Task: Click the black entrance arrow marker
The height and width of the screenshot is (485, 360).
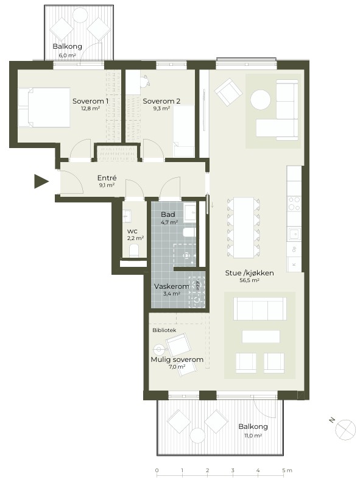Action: pyautogui.click(x=41, y=181)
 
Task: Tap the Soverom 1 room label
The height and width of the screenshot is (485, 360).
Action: pyautogui.click(x=90, y=101)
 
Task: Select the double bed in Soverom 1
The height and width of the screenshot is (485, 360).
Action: pyautogui.click(x=44, y=108)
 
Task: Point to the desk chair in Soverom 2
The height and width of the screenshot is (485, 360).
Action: pyautogui.click(x=145, y=80)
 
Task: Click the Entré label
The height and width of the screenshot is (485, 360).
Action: pyautogui.click(x=107, y=178)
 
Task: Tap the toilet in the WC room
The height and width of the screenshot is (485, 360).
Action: pyautogui.click(x=134, y=250)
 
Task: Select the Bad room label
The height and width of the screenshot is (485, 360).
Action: pyautogui.click(x=168, y=214)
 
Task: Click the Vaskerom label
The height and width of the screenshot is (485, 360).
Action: pyautogui.click(x=172, y=286)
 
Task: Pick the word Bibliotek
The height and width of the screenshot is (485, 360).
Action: pyautogui.click(x=164, y=330)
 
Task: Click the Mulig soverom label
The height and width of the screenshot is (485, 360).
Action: pyautogui.click(x=177, y=359)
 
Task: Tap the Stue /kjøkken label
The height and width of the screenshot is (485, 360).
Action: pyautogui.click(x=249, y=273)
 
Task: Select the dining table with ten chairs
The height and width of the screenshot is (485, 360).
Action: pyautogui.click(x=244, y=228)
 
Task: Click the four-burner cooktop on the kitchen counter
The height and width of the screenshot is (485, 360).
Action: pyautogui.click(x=294, y=204)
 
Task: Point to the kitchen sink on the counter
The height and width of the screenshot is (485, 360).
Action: pyautogui.click(x=294, y=234)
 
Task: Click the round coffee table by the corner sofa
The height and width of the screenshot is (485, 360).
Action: pyautogui.click(x=261, y=99)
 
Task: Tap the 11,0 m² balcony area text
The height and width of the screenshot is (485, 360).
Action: pyautogui.click(x=253, y=436)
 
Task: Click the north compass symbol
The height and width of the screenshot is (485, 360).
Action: pyautogui.click(x=345, y=430)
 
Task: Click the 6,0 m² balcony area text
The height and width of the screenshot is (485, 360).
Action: pyautogui.click(x=68, y=55)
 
